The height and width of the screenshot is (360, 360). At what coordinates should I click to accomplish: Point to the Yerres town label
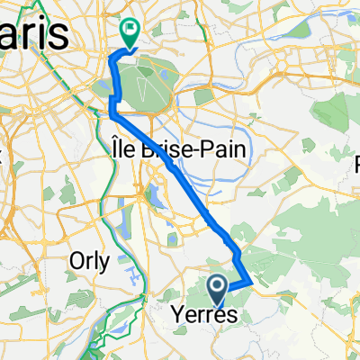tap(204, 315)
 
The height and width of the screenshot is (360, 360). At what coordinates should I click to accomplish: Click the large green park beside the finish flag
tap(143, 81)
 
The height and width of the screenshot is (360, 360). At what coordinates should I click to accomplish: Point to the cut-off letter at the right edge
tap(354, 165)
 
